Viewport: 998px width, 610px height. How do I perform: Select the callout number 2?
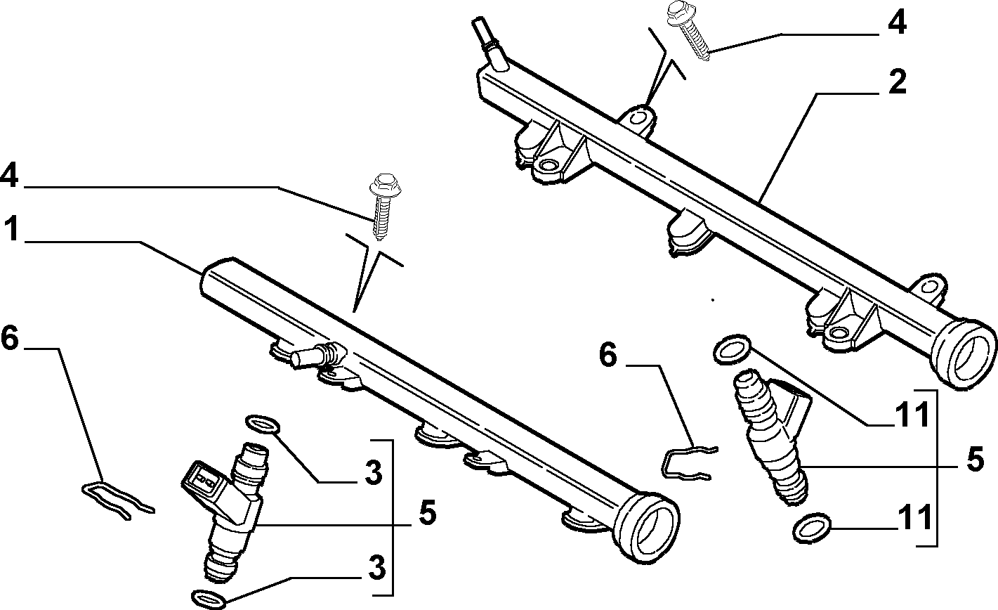point(895,83)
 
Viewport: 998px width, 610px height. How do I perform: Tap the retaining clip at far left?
point(117,500)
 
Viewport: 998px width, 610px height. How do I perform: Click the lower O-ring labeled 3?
point(209,598)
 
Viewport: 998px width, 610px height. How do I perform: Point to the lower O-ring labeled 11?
point(813,527)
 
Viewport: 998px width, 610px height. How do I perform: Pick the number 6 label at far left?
point(9,339)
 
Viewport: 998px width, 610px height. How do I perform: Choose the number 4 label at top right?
point(896,22)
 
